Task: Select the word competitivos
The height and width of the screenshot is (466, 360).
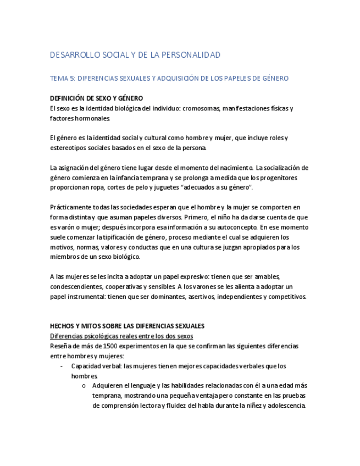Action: (x=287, y=296)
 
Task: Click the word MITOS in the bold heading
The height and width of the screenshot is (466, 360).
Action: (x=91, y=326)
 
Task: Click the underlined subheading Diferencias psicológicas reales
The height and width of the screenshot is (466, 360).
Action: (x=121, y=336)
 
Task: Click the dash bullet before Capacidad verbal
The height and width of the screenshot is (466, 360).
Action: (x=61, y=366)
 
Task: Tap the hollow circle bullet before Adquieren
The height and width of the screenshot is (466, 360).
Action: (x=83, y=386)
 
